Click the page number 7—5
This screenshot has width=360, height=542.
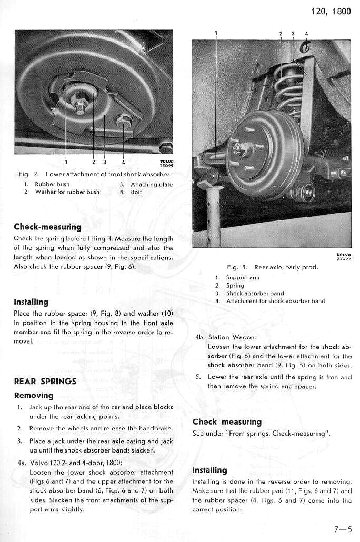tap(342, 529)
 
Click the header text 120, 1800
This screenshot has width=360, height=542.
tap(331, 12)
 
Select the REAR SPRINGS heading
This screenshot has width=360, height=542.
tap(45, 381)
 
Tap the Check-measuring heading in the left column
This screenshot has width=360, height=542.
tap(47, 227)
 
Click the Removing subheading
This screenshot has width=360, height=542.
tap(34, 395)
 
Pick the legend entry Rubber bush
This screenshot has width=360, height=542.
tap(52, 185)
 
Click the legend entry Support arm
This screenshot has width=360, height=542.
tap(243, 277)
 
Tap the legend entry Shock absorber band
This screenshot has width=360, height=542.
tap(255, 293)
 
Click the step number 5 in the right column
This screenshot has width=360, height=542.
tap(198, 377)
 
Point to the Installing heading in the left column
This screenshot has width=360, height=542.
tap(31, 302)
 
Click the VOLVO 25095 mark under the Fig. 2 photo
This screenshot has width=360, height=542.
tap(166, 164)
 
